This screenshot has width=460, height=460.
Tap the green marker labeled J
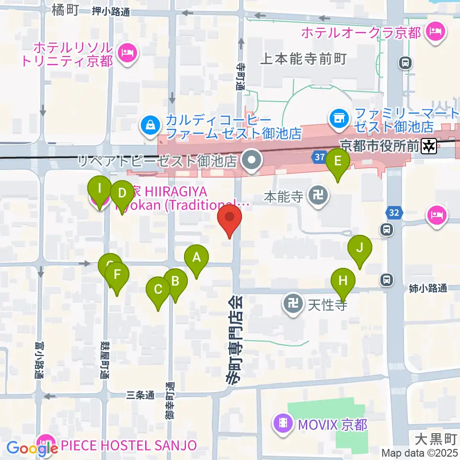[360, 248]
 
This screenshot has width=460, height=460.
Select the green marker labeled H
[343, 280]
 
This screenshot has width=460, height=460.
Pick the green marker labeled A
[196, 257]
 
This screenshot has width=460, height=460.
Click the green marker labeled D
[122, 194]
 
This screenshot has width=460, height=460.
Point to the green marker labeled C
[158, 289]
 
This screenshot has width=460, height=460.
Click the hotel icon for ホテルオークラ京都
[436, 33]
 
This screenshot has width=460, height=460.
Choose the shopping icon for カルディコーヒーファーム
[150, 126]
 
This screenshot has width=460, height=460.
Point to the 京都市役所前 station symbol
[428, 146]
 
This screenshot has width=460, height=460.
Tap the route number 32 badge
[392, 212]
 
